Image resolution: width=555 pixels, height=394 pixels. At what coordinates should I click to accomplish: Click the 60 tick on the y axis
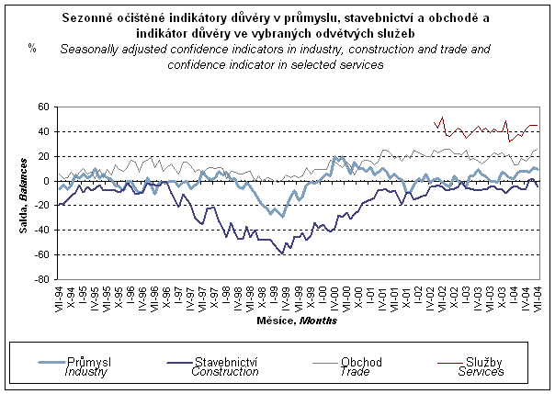coord(42,107)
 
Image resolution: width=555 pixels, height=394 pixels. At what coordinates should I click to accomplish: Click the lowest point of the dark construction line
coord(283,254)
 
